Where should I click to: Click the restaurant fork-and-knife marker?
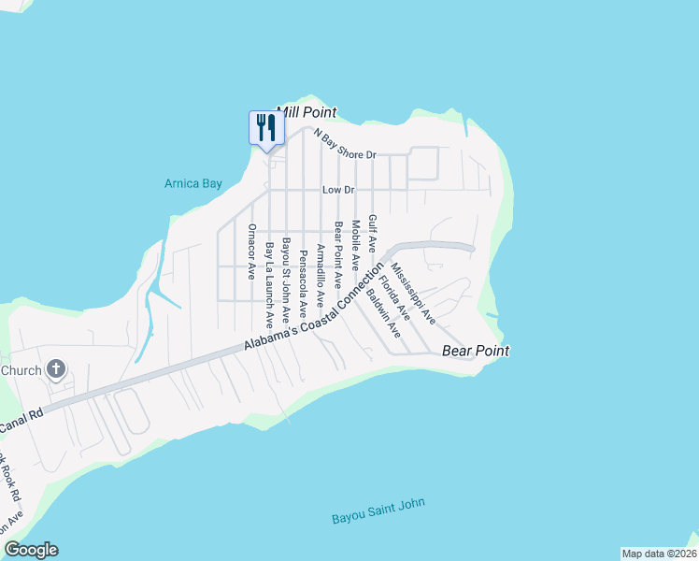coord(265,127)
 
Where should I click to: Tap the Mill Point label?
coord(306,112)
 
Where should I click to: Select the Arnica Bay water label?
coord(193,183)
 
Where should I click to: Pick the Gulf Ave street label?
coord(372,234)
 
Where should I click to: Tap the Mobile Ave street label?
coord(355,246)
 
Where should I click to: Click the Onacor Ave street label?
coord(251,252)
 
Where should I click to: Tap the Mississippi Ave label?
coord(414,294)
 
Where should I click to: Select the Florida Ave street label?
coord(397,299)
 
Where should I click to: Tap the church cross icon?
coord(56,370)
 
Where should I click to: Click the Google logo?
coord(31,550)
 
